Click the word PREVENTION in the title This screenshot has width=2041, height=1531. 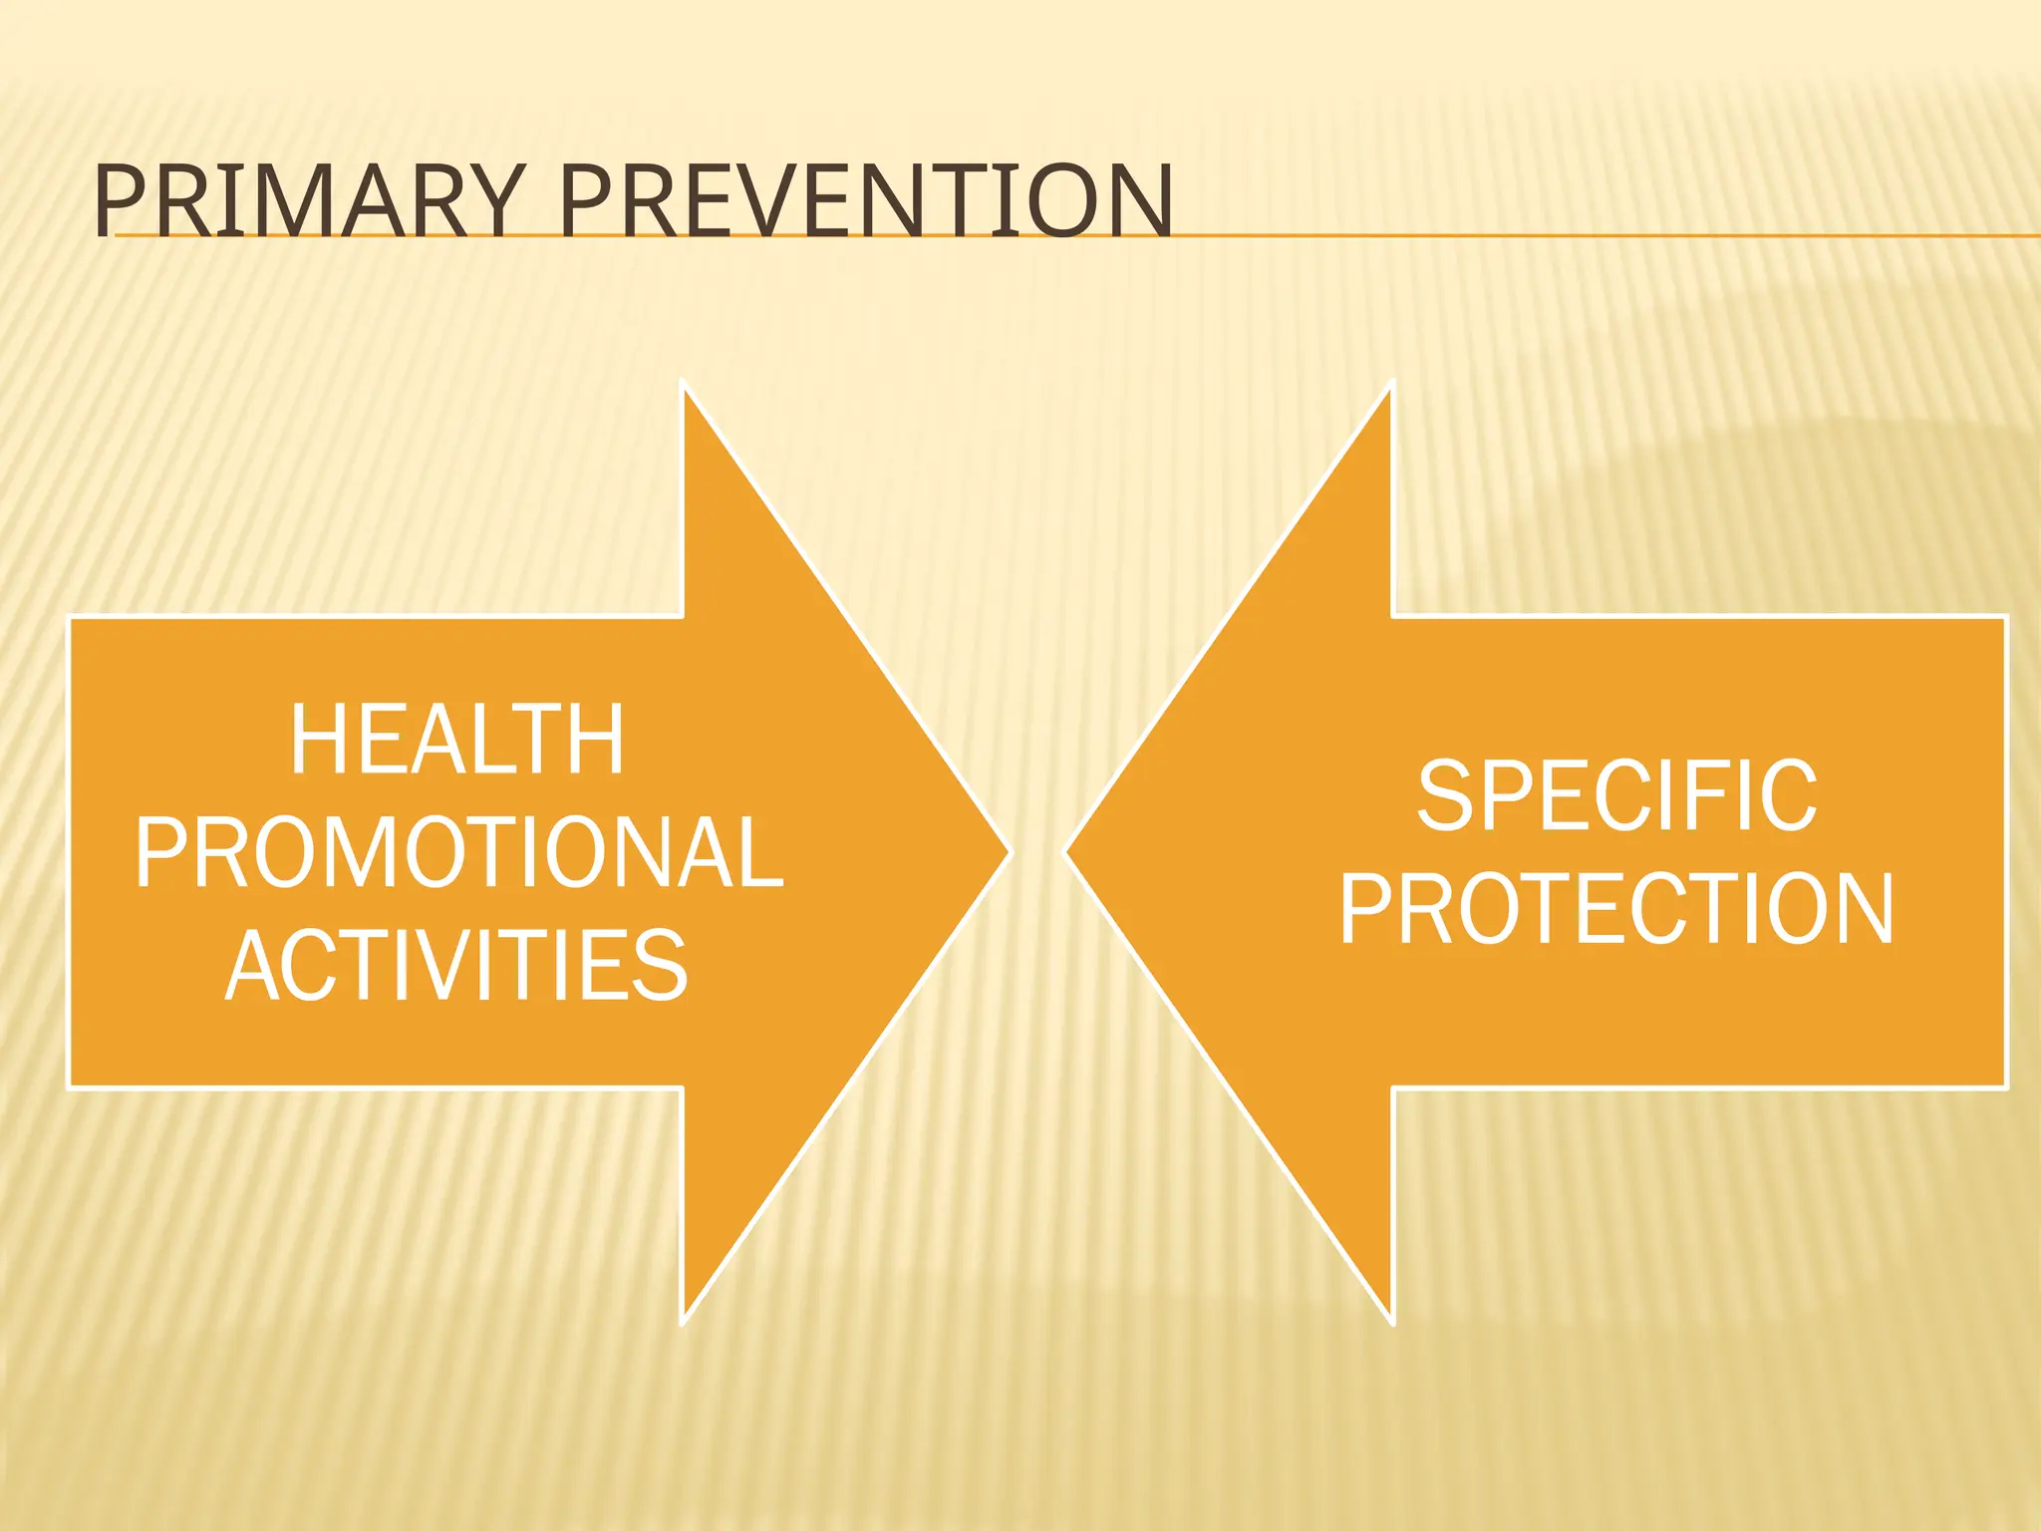tap(865, 202)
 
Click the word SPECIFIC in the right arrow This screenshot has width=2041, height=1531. tap(1616, 795)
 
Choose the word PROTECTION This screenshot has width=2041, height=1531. tap(1616, 908)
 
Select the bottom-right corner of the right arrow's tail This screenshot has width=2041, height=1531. tap(2003, 1085)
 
